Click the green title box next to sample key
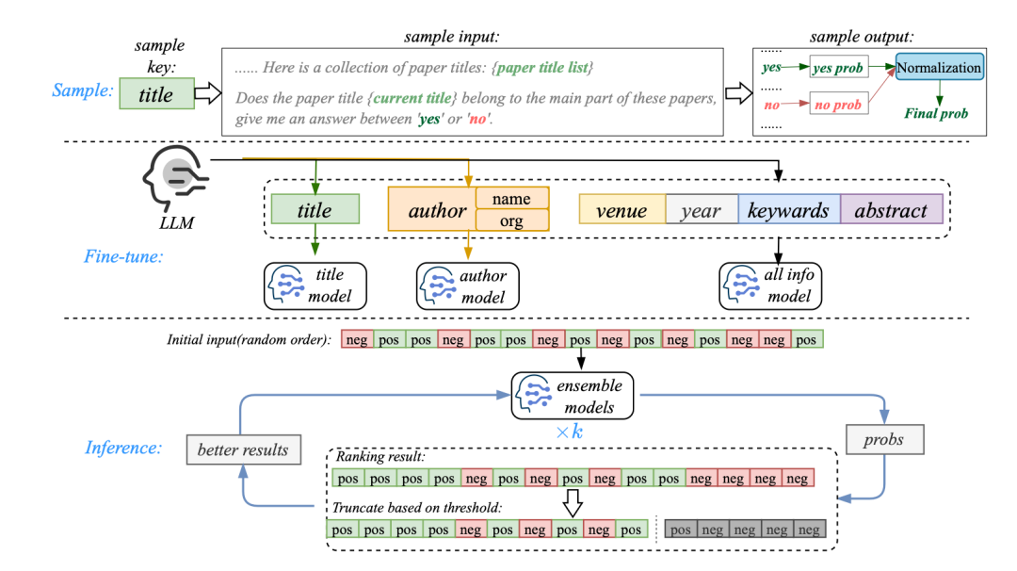click(156, 94)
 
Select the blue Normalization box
click(939, 68)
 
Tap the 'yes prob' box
click(837, 68)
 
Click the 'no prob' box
click(837, 105)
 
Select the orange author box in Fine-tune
click(432, 210)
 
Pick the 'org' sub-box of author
click(511, 220)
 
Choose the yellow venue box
click(621, 210)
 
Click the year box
click(701, 210)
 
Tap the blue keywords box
click(788, 210)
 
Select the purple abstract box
click(891, 210)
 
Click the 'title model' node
click(315, 285)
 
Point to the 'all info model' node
click(770, 285)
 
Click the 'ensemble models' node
click(572, 397)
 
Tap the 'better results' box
click(243, 449)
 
